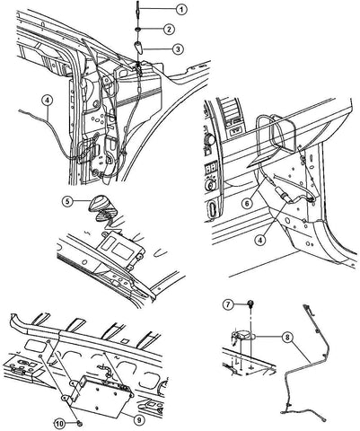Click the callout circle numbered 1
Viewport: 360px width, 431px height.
pyautogui.click(x=180, y=10)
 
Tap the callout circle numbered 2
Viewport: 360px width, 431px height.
pyautogui.click(x=169, y=30)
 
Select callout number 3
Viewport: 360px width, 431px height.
pyautogui.click(x=178, y=49)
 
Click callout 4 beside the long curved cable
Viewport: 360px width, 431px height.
pyautogui.click(x=47, y=101)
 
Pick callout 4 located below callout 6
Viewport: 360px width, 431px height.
pyautogui.click(x=261, y=240)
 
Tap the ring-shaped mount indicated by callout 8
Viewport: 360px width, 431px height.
pyautogui.click(x=243, y=336)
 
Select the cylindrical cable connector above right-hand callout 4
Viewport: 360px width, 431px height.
pyautogui.click(x=285, y=196)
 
